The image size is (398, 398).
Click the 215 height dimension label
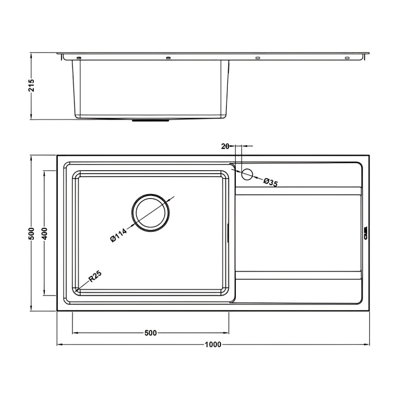(x=31, y=86)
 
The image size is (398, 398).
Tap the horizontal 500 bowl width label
(x=151, y=333)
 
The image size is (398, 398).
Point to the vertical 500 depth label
(x=31, y=233)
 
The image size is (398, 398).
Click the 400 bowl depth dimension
(x=44, y=233)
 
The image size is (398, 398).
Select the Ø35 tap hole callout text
(x=270, y=183)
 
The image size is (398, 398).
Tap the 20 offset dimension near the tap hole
(x=224, y=146)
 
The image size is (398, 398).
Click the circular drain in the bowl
(x=150, y=212)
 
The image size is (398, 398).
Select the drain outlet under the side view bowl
(x=150, y=120)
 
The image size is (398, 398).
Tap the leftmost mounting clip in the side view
(x=79, y=58)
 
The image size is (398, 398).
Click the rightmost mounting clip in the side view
(x=347, y=58)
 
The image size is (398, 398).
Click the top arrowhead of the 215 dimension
(x=31, y=54)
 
